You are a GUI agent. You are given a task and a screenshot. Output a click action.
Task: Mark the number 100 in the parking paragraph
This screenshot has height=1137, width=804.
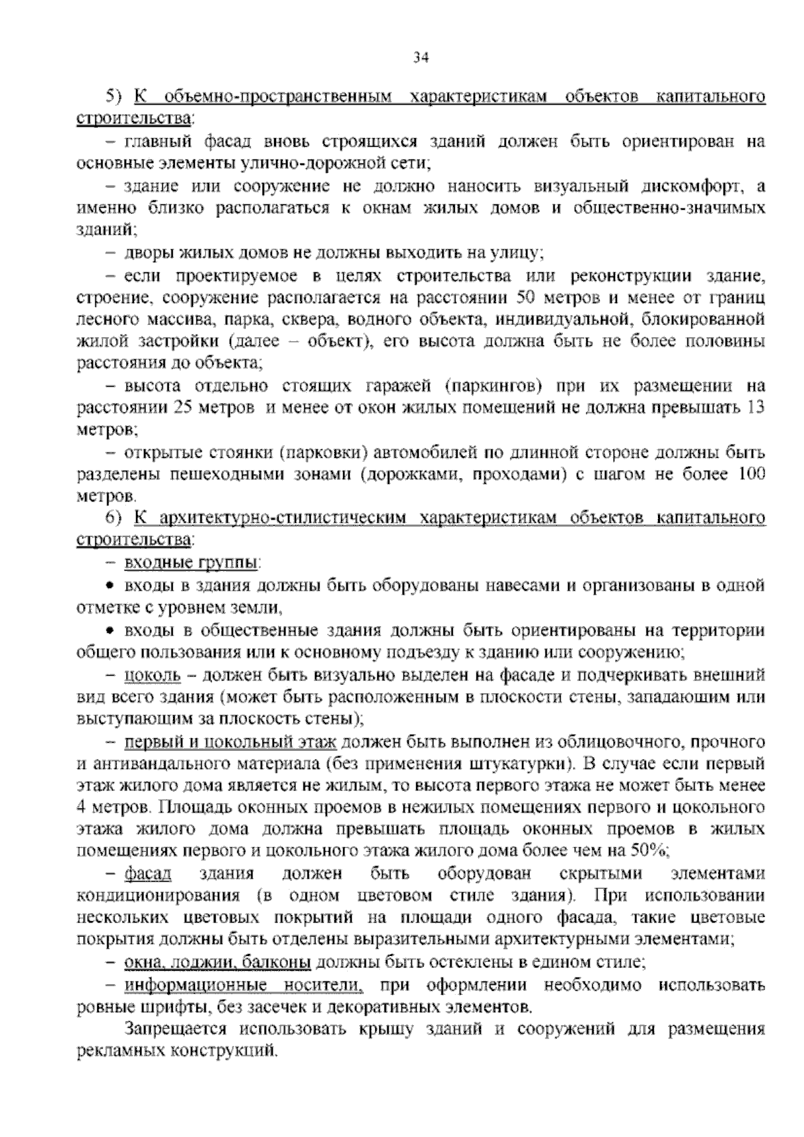click(x=751, y=475)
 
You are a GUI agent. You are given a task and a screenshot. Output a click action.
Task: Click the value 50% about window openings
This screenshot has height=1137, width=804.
click(x=647, y=851)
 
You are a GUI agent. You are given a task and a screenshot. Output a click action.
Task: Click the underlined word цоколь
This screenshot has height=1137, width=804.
click(x=153, y=674)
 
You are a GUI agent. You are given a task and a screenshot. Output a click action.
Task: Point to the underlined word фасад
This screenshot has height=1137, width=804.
click(x=148, y=874)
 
